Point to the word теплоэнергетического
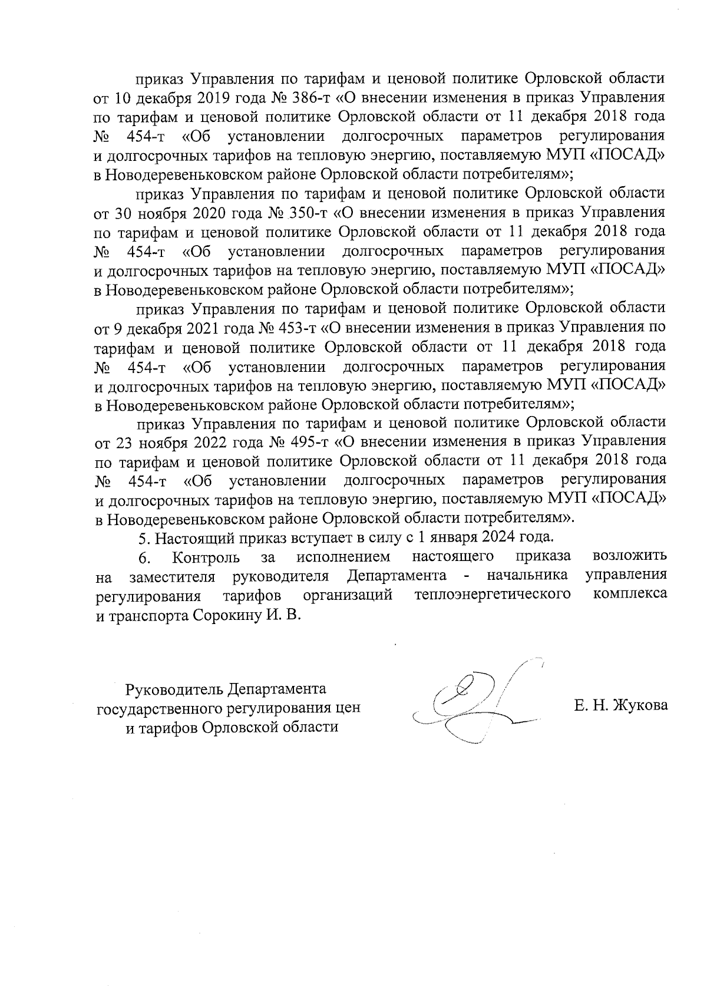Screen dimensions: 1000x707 coord(493,594)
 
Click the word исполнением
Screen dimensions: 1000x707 coord(343,557)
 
